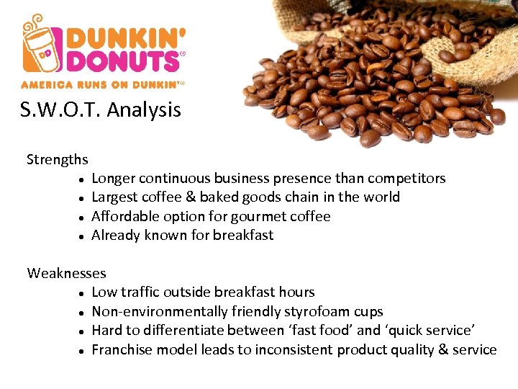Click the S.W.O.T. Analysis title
click(x=101, y=110)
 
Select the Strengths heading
click(x=58, y=159)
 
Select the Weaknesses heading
click(x=66, y=273)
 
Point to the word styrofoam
click(x=317, y=311)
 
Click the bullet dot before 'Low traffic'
click(x=84, y=293)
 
